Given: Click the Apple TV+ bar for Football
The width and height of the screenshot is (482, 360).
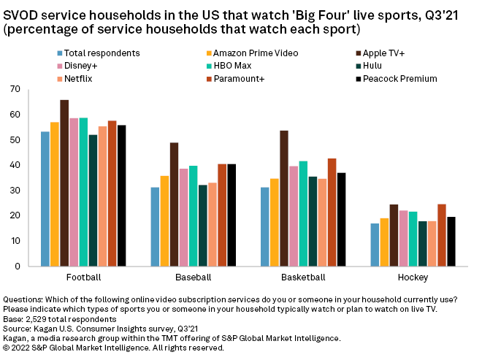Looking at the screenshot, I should [64, 183].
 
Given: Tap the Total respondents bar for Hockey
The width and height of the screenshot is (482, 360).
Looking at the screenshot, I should [375, 245].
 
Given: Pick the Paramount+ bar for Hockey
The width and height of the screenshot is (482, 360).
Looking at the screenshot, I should [441, 235].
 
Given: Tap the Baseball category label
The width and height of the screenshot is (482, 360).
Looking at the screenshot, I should [193, 278].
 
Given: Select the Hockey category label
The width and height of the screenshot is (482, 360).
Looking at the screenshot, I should [413, 278].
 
